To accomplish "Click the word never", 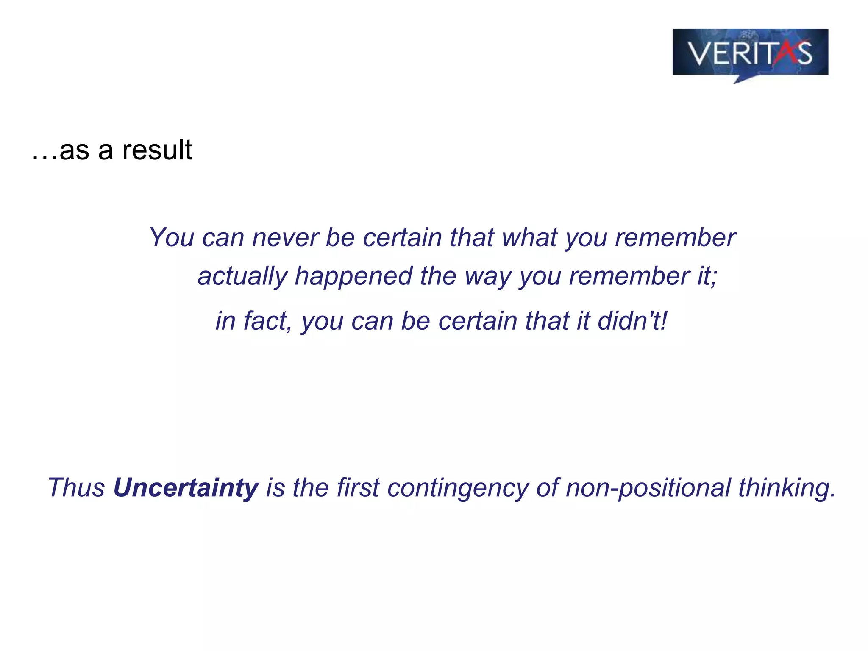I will pyautogui.click(x=285, y=237).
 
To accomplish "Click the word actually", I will pyautogui.click(x=242, y=276).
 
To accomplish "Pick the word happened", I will pyautogui.click(x=353, y=276).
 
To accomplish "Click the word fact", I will pyautogui.click(x=267, y=321).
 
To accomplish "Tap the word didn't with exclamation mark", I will pyautogui.click(x=632, y=321).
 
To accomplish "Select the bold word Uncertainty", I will pyautogui.click(x=186, y=487).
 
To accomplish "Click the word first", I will pyautogui.click(x=358, y=487).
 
